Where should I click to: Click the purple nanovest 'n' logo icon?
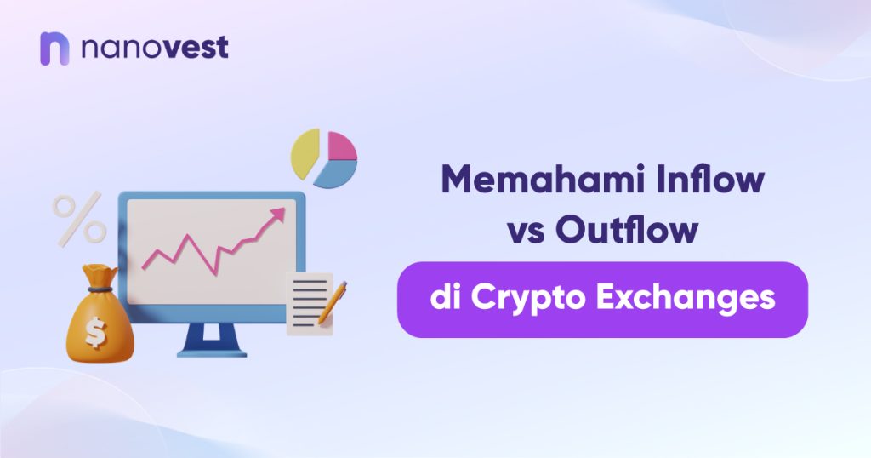pos(54,49)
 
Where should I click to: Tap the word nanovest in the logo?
pos(155,47)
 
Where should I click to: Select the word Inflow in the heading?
pos(710,179)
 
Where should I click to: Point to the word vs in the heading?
pos(526,231)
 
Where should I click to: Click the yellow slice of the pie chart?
pos(305,153)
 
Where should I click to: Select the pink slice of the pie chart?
pos(341,146)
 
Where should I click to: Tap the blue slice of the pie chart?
pos(337,173)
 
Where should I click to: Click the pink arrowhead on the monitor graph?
pos(277,215)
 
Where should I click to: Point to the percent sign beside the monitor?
pos(80,220)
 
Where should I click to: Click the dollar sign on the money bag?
pos(95,332)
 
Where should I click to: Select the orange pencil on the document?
pos(333,302)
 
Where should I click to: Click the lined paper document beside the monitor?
pos(310,303)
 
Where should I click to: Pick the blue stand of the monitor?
pos(212,340)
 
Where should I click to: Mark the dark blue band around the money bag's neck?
pos(100,289)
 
